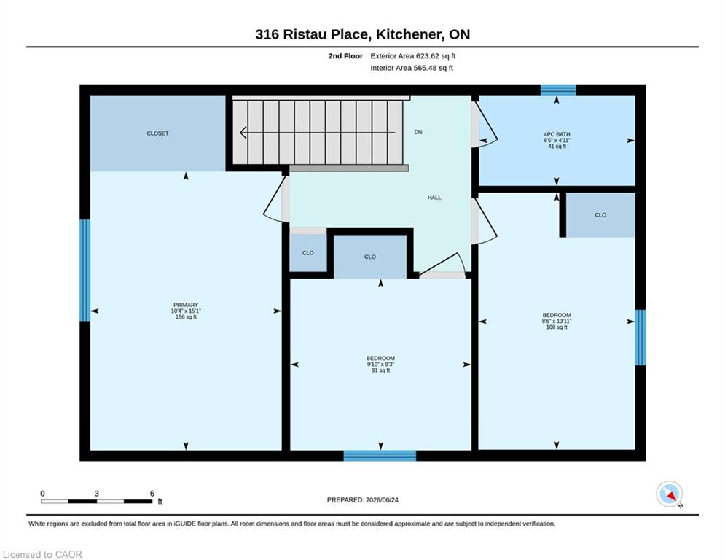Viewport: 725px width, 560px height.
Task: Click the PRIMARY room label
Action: pyautogui.click(x=186, y=305)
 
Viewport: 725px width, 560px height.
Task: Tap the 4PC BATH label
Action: pyautogui.click(x=557, y=134)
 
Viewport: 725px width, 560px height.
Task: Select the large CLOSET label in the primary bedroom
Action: pyautogui.click(x=157, y=133)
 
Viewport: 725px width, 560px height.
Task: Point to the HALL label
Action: pyautogui.click(x=434, y=198)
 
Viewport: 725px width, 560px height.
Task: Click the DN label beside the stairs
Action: pyautogui.click(x=418, y=132)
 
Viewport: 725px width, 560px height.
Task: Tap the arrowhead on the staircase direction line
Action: pyautogui.click(x=243, y=133)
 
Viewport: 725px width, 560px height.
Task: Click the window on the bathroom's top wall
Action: pyautogui.click(x=558, y=90)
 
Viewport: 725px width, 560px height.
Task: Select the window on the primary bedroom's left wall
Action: pyautogui.click(x=85, y=271)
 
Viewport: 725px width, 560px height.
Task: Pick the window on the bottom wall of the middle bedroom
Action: pyautogui.click(x=380, y=456)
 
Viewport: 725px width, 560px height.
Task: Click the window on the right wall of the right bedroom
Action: pyautogui.click(x=640, y=338)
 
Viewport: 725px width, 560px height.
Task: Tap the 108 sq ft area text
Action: pyautogui.click(x=557, y=327)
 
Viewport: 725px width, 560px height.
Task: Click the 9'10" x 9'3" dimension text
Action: pyautogui.click(x=380, y=365)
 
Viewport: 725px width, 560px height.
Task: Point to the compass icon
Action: pyautogui.click(x=669, y=494)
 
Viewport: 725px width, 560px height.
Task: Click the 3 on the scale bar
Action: pyautogui.click(x=97, y=494)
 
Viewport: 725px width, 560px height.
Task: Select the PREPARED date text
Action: pyautogui.click(x=363, y=499)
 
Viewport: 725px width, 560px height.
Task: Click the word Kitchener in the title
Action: pyautogui.click(x=407, y=34)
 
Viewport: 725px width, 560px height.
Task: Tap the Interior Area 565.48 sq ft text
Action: pyautogui.click(x=412, y=68)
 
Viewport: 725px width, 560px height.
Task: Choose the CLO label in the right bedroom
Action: pyautogui.click(x=600, y=215)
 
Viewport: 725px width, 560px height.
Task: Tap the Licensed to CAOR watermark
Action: pyautogui.click(x=42, y=554)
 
